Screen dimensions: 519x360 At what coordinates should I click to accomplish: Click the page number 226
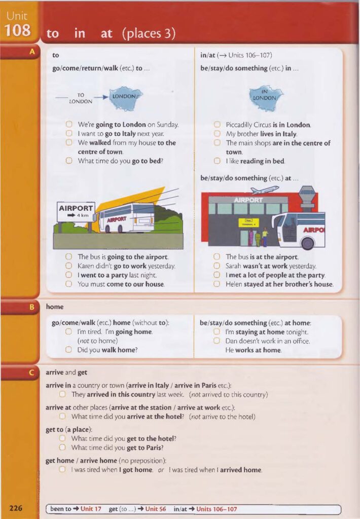click(x=16, y=508)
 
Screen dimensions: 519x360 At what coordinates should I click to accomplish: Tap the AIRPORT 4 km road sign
click(x=76, y=212)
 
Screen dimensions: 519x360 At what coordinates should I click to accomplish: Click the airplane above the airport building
click(x=264, y=190)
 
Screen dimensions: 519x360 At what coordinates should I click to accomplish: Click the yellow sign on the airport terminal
click(x=248, y=223)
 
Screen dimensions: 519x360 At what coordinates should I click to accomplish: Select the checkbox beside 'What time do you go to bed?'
click(x=69, y=161)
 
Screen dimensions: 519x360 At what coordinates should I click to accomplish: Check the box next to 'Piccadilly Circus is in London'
click(x=217, y=125)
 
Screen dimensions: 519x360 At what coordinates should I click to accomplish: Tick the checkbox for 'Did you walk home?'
click(x=69, y=350)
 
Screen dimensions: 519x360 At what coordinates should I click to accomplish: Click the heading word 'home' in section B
click(x=54, y=307)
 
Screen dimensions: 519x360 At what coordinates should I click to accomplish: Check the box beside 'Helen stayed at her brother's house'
click(x=217, y=284)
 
